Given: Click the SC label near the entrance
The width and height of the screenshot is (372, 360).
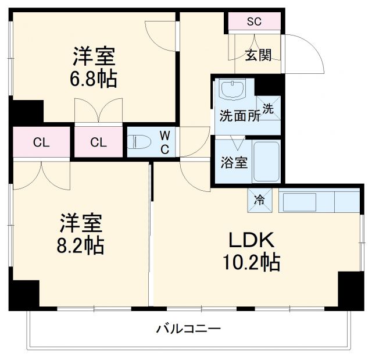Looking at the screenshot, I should (254, 22).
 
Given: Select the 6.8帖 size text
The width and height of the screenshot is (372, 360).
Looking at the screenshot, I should (95, 79).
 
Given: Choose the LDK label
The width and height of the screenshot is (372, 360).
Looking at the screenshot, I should (251, 240).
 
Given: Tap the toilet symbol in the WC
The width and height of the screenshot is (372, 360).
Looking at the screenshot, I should (139, 142).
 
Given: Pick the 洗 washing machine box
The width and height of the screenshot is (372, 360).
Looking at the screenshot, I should (268, 108).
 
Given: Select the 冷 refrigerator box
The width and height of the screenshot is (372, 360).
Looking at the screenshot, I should (259, 201).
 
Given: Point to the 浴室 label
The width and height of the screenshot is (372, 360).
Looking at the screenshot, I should (234, 162).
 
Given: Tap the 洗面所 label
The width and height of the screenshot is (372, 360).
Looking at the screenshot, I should (239, 115).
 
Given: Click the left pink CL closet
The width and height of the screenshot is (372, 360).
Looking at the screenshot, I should (40, 142).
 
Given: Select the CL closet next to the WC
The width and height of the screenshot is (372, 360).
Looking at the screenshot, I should (98, 142).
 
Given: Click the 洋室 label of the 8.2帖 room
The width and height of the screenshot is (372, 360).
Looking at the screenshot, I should (81, 223).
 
